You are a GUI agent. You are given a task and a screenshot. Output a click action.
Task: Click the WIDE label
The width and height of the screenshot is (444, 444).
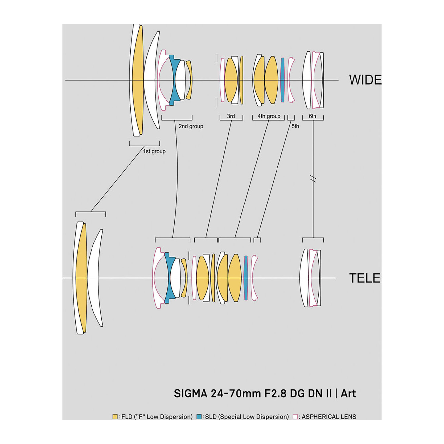365,80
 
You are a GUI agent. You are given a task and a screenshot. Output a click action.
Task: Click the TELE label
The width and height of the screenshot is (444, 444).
364,278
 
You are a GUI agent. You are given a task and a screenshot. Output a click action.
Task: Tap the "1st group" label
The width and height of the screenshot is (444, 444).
154,151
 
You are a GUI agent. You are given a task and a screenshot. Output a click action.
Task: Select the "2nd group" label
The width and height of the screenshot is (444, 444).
191,126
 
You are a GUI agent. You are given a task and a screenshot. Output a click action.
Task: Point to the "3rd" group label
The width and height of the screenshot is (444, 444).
231,116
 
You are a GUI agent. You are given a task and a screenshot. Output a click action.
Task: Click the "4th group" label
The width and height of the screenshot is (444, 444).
269,116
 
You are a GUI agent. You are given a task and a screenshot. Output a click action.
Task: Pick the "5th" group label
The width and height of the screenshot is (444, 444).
295,126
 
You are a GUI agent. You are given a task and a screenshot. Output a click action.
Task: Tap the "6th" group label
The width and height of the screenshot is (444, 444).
313,116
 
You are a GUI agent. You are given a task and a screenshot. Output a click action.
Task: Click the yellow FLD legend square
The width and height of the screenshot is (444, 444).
115,417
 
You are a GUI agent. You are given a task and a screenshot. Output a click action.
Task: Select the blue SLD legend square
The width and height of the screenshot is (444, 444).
199,417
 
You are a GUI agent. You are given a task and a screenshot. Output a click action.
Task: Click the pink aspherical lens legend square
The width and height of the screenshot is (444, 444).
295,417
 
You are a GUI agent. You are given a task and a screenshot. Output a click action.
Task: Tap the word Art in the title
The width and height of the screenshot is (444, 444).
348,394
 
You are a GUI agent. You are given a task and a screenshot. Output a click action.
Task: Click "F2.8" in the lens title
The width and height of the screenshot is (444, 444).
276,394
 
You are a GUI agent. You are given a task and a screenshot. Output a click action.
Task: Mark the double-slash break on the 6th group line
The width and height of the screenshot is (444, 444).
313,179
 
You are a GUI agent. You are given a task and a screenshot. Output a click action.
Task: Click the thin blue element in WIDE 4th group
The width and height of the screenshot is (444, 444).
282,80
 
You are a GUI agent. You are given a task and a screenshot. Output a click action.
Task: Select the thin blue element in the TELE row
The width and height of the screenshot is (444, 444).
246,278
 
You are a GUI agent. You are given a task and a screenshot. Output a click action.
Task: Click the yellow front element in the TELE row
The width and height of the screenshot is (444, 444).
81,278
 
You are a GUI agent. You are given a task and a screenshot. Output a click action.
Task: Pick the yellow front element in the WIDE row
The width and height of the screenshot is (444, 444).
138,80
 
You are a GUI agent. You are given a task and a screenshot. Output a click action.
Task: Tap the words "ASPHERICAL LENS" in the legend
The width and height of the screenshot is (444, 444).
329,417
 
